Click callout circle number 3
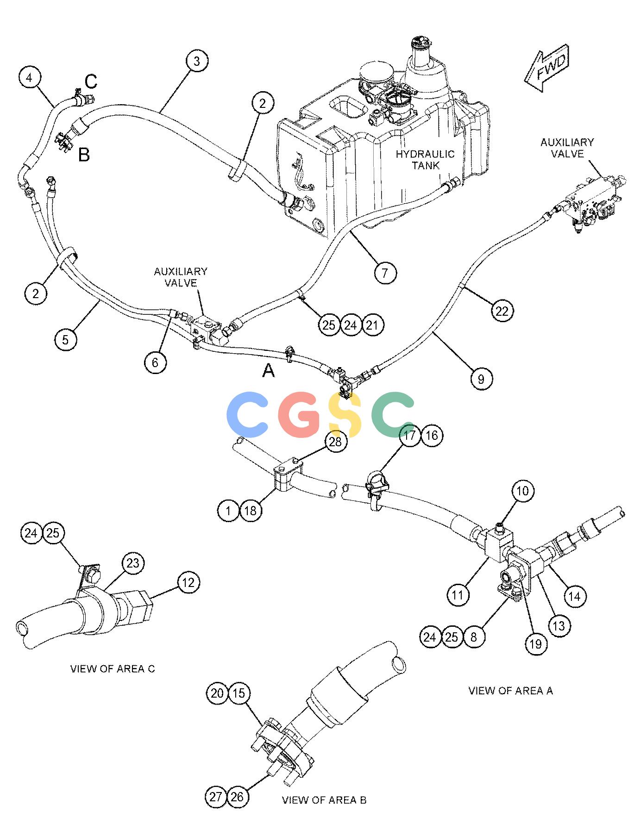point(197,62)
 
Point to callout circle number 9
point(481,379)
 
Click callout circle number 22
point(502,311)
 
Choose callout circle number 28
point(335,442)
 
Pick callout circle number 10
point(522,491)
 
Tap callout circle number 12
point(188,582)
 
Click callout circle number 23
point(133,563)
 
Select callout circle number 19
point(536,644)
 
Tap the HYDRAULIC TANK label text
point(425,160)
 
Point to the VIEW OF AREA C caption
point(113,669)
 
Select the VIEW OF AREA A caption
point(510,691)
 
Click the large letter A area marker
point(269,370)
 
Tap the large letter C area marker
point(91,82)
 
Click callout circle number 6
point(155,362)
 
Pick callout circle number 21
point(373,325)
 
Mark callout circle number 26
point(237,797)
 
